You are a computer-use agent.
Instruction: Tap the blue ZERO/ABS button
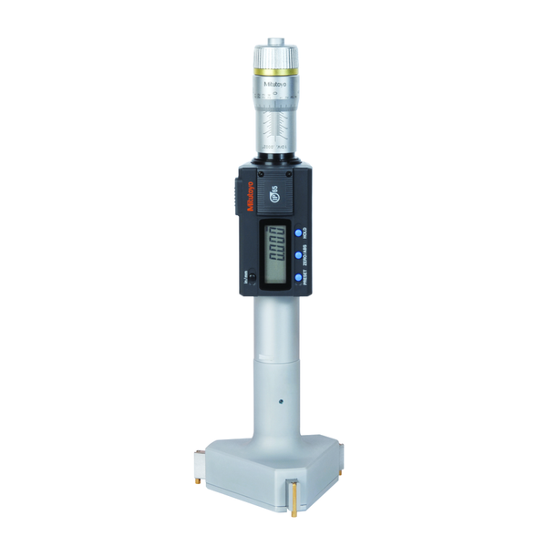point(298,255)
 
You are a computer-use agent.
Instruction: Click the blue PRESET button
point(298,277)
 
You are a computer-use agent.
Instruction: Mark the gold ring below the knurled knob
point(273,71)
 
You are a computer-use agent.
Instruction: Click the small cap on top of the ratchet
point(273,40)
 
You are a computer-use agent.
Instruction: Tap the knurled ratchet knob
point(273,56)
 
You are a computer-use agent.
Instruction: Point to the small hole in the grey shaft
point(281,399)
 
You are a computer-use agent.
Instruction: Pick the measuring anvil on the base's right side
point(346,452)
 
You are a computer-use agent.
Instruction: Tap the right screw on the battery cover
point(290,170)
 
